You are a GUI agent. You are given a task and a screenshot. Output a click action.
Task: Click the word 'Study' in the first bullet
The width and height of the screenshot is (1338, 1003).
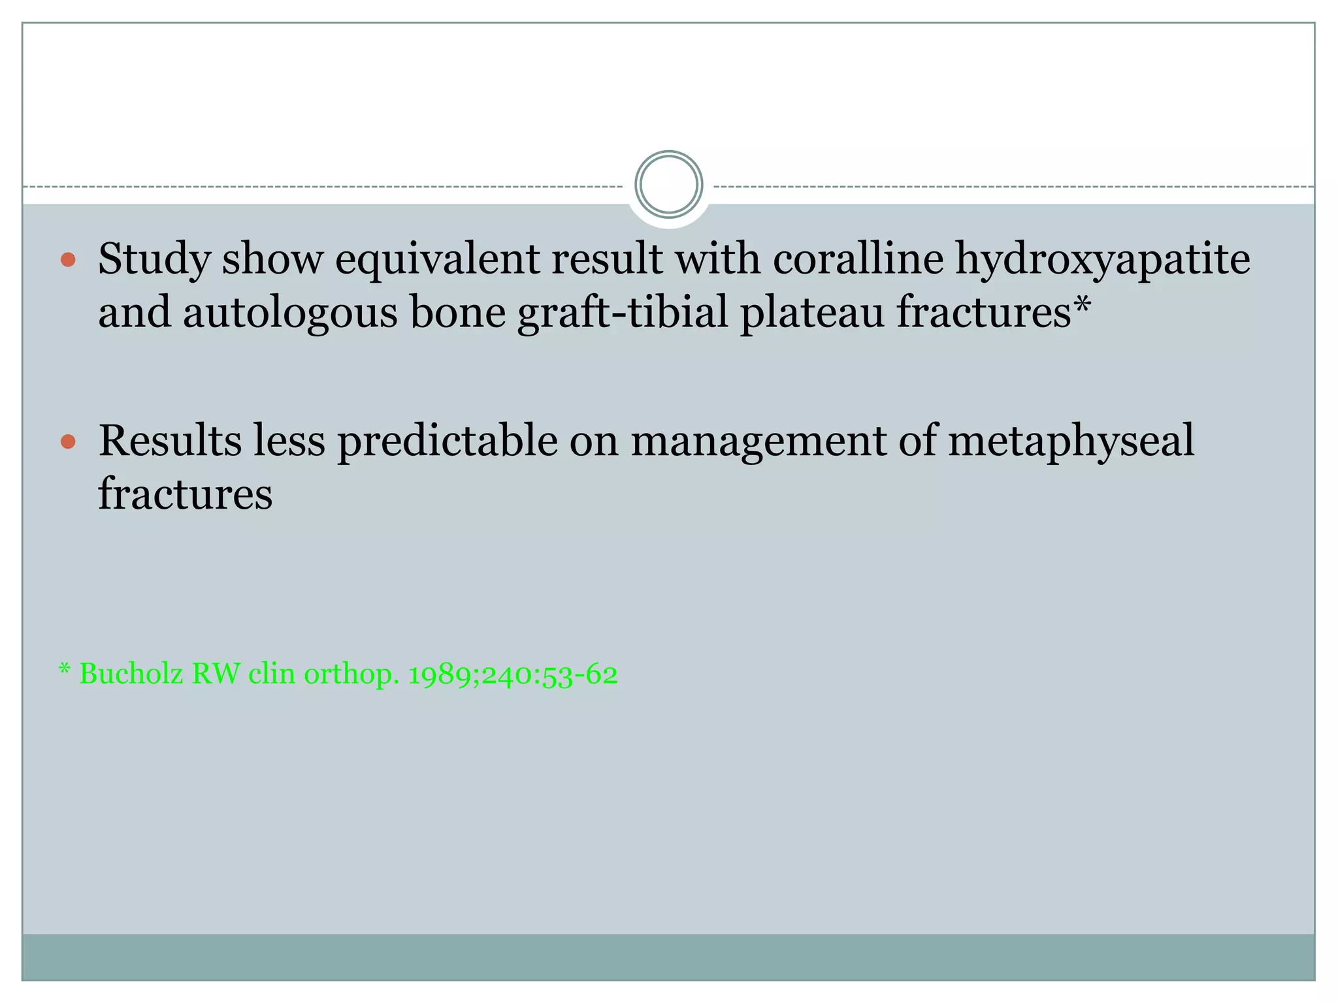(154, 259)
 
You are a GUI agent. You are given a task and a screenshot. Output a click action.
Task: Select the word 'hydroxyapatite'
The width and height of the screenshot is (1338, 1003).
(1103, 259)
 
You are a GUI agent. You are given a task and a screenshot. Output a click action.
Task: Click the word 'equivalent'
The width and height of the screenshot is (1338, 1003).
(437, 259)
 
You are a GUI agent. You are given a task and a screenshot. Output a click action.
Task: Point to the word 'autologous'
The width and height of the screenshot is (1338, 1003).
(290, 313)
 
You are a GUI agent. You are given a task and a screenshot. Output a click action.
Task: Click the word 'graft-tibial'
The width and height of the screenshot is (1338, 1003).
(623, 313)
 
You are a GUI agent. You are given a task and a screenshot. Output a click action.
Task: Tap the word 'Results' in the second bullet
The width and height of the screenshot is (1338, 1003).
(170, 440)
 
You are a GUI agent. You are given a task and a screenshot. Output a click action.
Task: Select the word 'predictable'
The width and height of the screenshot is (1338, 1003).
(447, 441)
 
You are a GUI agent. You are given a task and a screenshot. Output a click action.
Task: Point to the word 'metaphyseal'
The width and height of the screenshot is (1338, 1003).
(1071, 441)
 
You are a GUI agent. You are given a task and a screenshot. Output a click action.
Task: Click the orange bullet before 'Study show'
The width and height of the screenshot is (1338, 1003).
(68, 261)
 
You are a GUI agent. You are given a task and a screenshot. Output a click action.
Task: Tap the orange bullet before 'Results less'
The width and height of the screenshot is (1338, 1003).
(68, 442)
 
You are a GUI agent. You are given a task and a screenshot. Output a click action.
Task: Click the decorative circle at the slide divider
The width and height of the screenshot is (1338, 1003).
(668, 185)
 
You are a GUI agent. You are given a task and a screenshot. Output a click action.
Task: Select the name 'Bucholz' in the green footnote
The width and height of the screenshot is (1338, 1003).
(131, 673)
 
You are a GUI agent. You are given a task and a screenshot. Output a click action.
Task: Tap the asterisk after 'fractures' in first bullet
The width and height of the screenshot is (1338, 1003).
(1083, 304)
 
